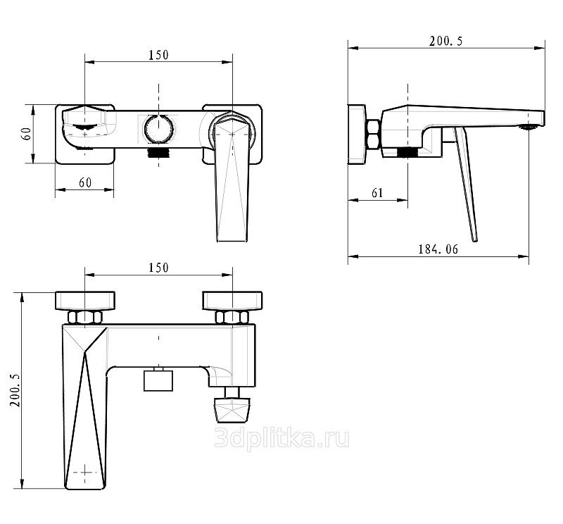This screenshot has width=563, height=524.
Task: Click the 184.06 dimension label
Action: coord(438,249)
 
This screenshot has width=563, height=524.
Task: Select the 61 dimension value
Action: coord(377,193)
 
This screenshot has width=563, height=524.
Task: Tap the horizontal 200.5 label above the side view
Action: coord(446,42)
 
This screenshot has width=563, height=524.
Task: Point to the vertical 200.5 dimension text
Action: coord(15,390)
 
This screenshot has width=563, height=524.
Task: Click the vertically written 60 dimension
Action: coord(27,134)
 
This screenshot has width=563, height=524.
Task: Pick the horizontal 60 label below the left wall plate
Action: coord(85,182)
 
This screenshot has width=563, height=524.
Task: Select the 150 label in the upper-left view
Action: coord(158,55)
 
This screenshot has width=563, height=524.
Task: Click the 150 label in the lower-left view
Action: coord(158,268)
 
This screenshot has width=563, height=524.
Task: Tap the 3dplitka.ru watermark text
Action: coord(281,439)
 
